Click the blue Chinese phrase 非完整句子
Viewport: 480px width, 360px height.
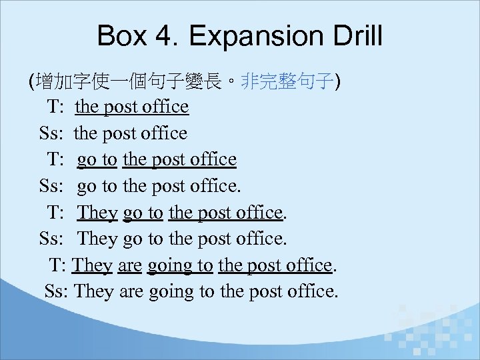pos(287,82)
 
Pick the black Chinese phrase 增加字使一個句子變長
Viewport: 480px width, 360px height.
pos(134,82)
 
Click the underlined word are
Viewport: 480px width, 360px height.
pos(129,265)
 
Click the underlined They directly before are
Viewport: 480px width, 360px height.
pos(92,265)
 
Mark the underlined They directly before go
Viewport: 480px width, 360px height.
pos(97,213)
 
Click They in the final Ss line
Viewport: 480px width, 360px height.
pos(95,291)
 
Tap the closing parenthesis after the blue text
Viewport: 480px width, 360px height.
pos(337,82)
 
